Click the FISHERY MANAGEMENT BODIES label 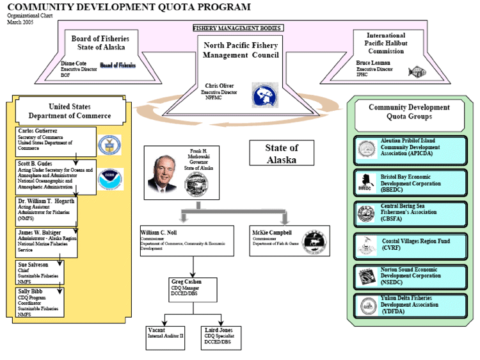237,28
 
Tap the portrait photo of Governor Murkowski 164,173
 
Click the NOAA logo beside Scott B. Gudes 109,179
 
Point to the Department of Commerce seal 109,144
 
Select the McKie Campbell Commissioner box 289,240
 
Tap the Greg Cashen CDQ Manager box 194,290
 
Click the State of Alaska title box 282,154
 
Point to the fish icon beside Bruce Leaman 417,72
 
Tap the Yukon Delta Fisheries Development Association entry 411,305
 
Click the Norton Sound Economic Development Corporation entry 411,276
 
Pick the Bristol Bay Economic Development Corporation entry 411,183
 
